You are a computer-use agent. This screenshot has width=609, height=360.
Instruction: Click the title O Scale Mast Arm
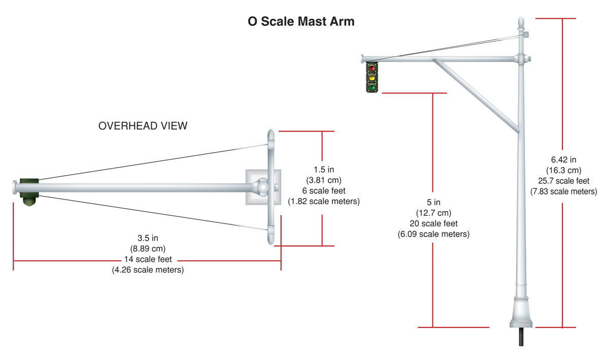301,22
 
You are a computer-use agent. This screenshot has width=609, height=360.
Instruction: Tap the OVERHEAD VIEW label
143,126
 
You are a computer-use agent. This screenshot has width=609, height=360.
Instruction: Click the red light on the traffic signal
372,68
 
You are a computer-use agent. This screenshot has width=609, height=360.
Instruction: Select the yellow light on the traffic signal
372,78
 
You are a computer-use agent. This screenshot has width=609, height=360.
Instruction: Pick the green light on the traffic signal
372,87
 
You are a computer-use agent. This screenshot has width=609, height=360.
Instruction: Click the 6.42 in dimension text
563,160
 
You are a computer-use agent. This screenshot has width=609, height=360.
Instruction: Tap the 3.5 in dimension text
148,238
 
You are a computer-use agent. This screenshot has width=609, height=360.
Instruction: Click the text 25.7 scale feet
563,181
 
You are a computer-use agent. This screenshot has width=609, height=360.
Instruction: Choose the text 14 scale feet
148,259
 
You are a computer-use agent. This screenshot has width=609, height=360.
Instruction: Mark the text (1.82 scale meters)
323,202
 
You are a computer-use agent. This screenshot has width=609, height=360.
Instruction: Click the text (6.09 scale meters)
433,234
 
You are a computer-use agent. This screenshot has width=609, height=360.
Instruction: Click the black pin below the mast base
521,337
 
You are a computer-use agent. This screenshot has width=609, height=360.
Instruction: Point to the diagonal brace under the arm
477,96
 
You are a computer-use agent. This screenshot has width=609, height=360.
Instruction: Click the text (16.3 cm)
563,171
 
